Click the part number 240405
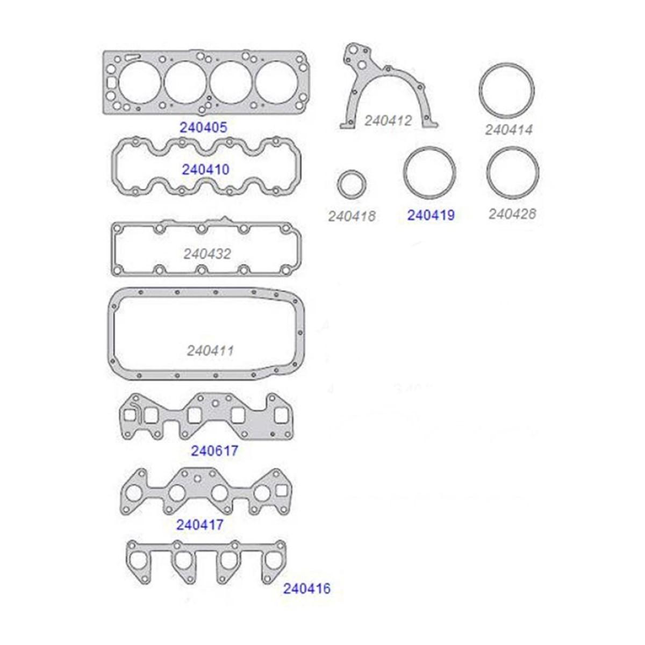pos(204,127)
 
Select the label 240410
pos(205,169)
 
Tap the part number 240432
pos(207,254)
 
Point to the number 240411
pos(210,351)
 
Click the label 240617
pos(214,451)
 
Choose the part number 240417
pos(200,525)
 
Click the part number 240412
pos(388,120)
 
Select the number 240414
pos(509,130)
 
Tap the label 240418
pos(352,216)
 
